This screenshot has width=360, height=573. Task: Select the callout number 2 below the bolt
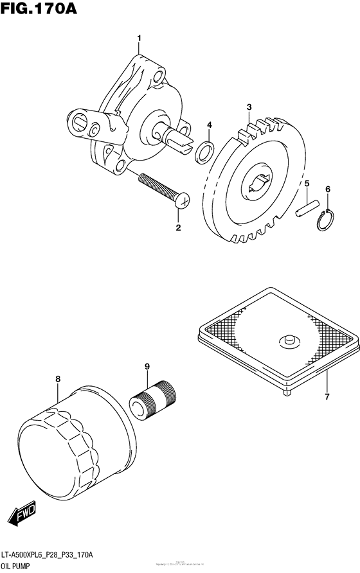(x=179, y=227)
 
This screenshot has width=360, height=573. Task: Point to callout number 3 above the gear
(x=248, y=107)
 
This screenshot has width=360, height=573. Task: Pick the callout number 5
(x=307, y=184)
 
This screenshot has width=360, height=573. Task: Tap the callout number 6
(x=328, y=190)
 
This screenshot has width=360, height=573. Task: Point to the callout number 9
(x=147, y=367)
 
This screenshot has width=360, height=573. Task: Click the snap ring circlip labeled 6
(x=327, y=220)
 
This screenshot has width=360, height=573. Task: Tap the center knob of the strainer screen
(x=287, y=339)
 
